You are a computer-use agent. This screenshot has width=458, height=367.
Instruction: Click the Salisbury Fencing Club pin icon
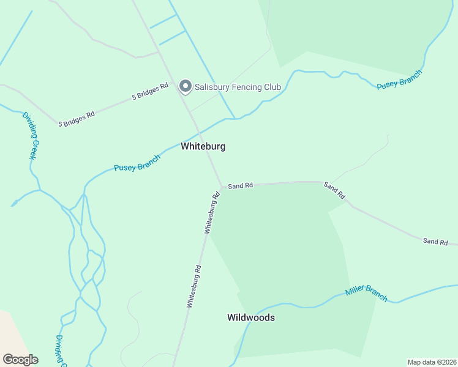tap(185, 87)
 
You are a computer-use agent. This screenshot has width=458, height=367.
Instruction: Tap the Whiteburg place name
tap(203, 147)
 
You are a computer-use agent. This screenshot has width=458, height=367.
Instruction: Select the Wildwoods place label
tap(250, 317)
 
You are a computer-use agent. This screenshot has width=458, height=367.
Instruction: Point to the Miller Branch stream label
tap(366, 294)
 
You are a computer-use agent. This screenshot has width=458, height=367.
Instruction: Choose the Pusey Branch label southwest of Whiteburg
tap(137, 163)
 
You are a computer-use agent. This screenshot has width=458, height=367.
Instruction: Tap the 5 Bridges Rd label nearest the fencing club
tap(150, 92)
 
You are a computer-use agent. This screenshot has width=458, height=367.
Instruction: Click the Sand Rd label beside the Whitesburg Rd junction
tap(240, 185)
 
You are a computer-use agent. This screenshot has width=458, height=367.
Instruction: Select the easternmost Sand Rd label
tap(435, 242)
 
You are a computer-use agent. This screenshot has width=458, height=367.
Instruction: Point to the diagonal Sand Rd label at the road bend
tap(334, 191)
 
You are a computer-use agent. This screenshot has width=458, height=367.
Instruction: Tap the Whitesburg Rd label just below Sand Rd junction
tap(212, 213)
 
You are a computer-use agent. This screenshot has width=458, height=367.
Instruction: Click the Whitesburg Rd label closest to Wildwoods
tap(194, 286)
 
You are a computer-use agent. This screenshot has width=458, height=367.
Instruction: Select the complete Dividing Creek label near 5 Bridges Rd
tap(31, 136)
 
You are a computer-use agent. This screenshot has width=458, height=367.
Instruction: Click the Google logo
tap(20, 360)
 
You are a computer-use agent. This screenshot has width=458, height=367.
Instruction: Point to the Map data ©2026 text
tap(431, 361)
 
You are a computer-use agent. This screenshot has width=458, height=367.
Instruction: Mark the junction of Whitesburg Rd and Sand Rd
tap(221, 187)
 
